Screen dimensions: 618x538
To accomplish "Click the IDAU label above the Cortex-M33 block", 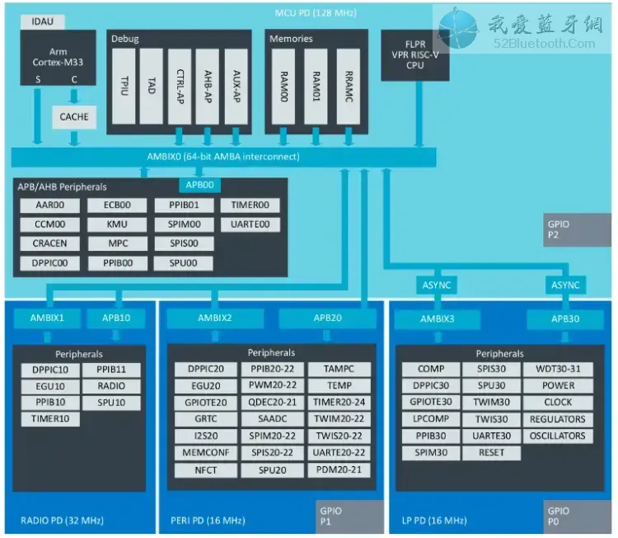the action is [43, 21].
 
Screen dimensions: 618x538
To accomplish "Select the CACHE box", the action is [74, 117].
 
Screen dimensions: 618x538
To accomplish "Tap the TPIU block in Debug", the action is [124, 86].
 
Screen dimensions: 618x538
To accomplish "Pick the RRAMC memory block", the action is [349, 86].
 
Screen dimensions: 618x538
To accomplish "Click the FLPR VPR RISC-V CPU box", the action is [415, 55].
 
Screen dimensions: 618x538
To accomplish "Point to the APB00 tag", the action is [200, 185].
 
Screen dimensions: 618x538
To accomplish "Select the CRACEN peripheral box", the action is [49, 243].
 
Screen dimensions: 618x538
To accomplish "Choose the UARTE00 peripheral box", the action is [250, 224].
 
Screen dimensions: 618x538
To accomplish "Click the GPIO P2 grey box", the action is [577, 229].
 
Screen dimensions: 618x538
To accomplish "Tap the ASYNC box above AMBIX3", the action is [437, 285].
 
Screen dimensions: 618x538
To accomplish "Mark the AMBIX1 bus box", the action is [47, 319].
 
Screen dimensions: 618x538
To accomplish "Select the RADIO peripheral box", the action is [111, 386].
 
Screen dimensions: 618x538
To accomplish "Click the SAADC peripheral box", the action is [273, 419].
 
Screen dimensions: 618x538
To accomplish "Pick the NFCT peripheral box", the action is [206, 470].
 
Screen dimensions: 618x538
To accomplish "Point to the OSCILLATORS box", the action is [558, 437].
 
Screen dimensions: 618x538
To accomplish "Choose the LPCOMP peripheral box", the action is [431, 419].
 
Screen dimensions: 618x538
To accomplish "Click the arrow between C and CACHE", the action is [74, 97].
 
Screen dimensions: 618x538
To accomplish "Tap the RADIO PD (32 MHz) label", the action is [63, 521].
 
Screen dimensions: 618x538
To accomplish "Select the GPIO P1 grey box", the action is [349, 517].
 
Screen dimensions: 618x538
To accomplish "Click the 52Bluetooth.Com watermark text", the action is [545, 44].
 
